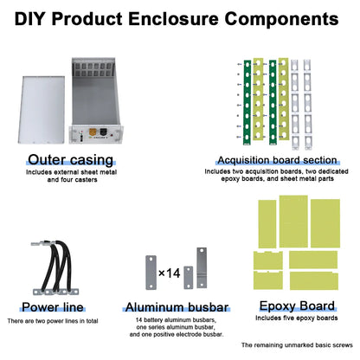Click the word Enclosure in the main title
click(x=173, y=19)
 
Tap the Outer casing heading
click(x=71, y=160)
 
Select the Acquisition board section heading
click(x=277, y=160)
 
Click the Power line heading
click(x=53, y=307)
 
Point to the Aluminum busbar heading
click(x=177, y=307)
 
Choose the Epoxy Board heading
click(x=297, y=306)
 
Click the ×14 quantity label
click(x=170, y=273)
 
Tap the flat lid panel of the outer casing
click(x=42, y=110)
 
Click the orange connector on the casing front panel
click(x=93, y=132)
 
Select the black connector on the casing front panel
click(x=103, y=132)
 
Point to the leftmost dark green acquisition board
click(x=247, y=102)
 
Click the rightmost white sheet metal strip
click(x=307, y=105)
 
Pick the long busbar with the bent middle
click(x=202, y=267)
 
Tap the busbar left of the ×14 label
click(x=151, y=273)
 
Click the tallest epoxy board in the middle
click(x=293, y=222)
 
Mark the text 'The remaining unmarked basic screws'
click(x=297, y=345)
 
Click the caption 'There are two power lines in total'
click(x=53, y=321)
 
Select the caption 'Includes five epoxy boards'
click(x=297, y=318)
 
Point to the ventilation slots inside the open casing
click(x=93, y=70)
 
